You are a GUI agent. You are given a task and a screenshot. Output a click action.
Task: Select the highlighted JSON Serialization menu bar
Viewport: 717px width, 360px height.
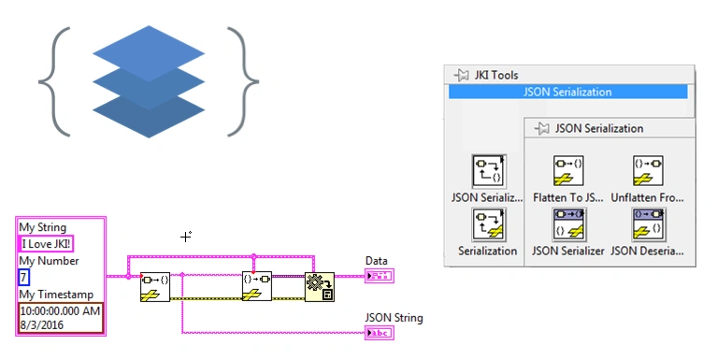[x=567, y=92]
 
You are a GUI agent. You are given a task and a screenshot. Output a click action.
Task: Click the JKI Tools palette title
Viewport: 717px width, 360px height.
[x=491, y=75]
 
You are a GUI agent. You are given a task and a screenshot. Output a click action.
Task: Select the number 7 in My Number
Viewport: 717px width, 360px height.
[x=24, y=277]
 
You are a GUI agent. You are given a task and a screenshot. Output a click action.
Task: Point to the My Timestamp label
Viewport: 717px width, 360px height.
[x=52, y=294]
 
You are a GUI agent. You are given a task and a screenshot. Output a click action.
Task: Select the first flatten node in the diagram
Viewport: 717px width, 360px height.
[x=155, y=286]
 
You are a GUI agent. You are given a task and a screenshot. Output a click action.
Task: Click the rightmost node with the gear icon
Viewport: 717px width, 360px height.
[x=320, y=286]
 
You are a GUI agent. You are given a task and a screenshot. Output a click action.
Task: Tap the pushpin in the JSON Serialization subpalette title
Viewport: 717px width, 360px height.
[x=540, y=128]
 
